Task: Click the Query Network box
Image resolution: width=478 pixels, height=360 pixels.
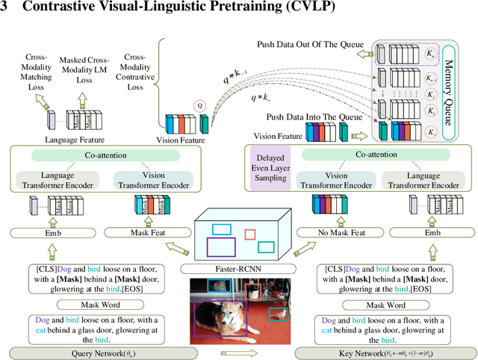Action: coord(101,352)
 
